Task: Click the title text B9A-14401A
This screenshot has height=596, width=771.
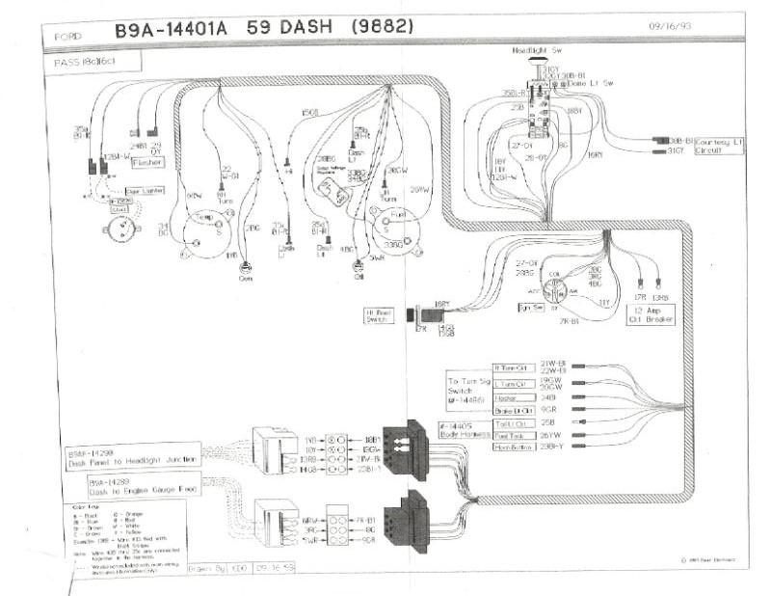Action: pos(171,30)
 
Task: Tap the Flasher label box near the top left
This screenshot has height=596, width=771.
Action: pos(146,163)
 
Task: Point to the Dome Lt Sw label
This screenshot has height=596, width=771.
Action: pos(591,84)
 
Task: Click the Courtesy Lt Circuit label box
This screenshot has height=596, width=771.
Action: pos(719,145)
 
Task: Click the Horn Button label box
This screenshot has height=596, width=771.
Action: pos(513,447)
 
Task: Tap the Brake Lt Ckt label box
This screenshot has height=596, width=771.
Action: pos(512,410)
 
